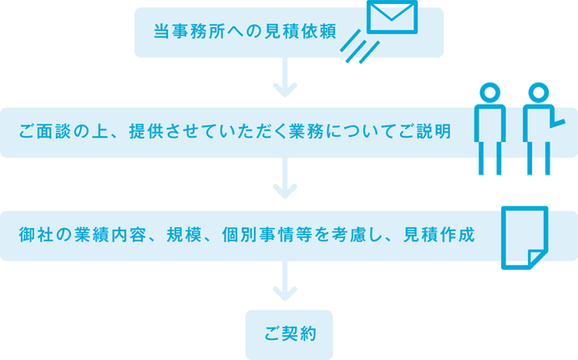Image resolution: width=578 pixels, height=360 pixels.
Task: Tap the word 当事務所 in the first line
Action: (188, 32)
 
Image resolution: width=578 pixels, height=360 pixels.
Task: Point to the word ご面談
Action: (46, 132)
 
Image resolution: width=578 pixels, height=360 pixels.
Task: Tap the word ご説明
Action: (425, 132)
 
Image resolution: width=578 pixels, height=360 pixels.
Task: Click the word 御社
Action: (36, 235)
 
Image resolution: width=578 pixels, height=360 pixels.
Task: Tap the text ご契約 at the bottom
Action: (290, 333)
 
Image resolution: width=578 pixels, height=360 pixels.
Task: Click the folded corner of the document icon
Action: (535, 256)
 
